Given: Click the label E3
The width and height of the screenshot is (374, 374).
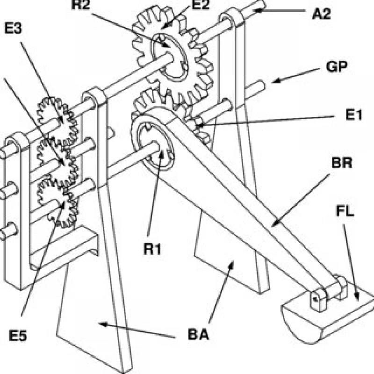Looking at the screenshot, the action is pos(13,29).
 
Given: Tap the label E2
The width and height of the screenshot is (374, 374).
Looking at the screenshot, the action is pos(201,5).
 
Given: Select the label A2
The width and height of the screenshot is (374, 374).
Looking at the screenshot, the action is pos(322,14).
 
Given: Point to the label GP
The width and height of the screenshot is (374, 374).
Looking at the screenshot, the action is pos(337,66).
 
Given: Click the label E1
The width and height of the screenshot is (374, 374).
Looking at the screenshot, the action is pos(354,115).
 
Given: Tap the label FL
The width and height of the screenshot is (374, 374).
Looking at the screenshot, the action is pos(345,211).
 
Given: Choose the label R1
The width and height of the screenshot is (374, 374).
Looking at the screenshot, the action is pos(152,249).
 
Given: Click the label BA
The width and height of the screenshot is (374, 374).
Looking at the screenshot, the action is pos(198,334).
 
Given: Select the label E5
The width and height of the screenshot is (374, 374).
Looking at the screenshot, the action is pos(18,336).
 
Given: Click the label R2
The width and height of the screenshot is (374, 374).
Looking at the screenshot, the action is pos(80,5).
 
